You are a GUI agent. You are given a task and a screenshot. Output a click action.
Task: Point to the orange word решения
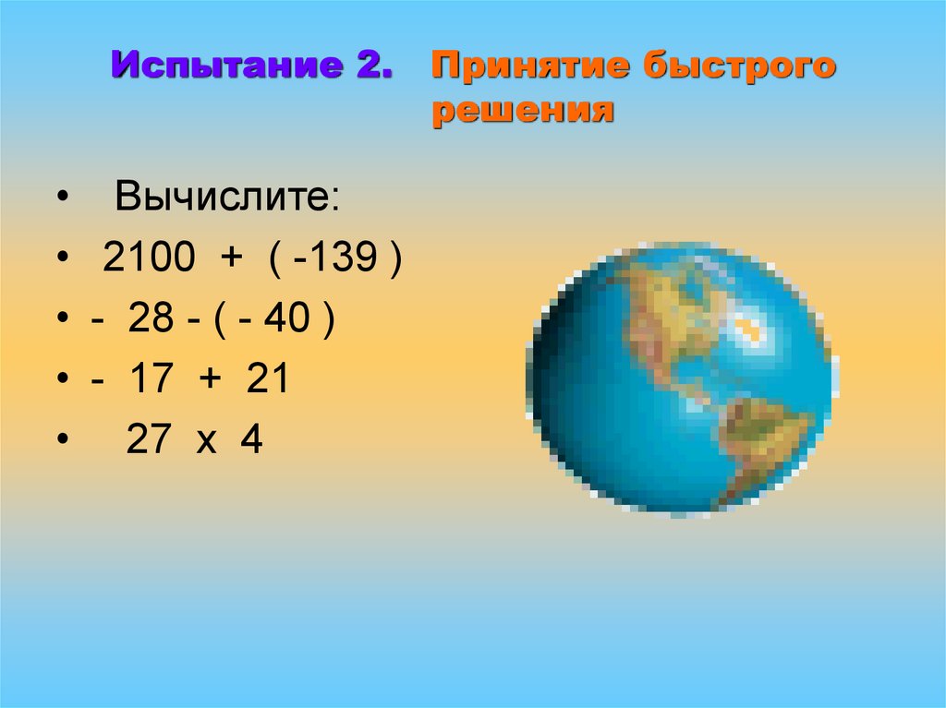[x=523, y=112]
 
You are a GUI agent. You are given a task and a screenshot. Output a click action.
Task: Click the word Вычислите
[x=227, y=198]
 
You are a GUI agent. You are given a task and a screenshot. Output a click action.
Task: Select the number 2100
[x=149, y=259]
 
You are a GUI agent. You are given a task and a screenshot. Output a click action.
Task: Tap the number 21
[x=268, y=379]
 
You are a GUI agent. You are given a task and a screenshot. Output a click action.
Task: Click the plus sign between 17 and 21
[x=207, y=380]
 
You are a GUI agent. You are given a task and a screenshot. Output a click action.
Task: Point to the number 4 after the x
[x=250, y=439]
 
